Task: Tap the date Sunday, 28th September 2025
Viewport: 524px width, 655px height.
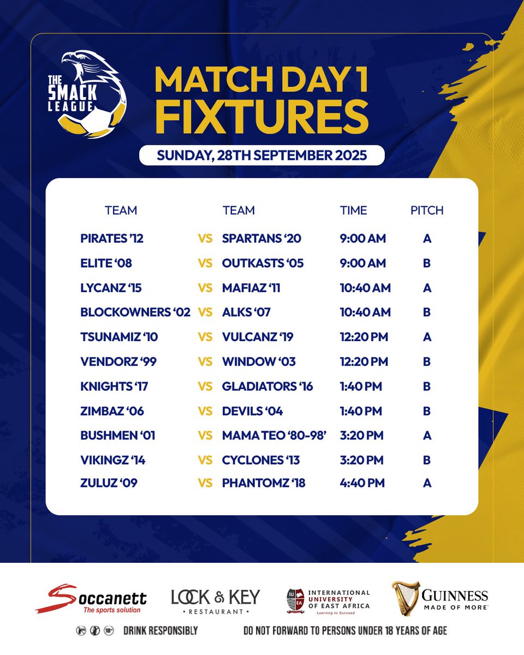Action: point(261,155)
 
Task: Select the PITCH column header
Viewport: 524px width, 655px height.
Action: point(427,210)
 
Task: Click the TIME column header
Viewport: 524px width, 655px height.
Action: point(354,210)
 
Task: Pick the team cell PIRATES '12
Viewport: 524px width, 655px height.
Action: point(112,239)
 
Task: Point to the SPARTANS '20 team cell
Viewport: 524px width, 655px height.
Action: point(261,239)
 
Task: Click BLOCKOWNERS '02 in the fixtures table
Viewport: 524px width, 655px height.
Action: point(135,312)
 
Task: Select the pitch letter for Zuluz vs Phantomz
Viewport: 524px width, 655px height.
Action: point(427,483)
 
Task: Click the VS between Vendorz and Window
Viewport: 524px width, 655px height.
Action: point(205,362)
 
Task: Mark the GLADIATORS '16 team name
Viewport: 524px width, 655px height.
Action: point(267,386)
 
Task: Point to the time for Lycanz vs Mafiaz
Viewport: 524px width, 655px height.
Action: point(365,288)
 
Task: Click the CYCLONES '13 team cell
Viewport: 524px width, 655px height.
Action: point(261,460)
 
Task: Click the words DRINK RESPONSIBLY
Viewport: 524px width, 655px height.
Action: point(160,631)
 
